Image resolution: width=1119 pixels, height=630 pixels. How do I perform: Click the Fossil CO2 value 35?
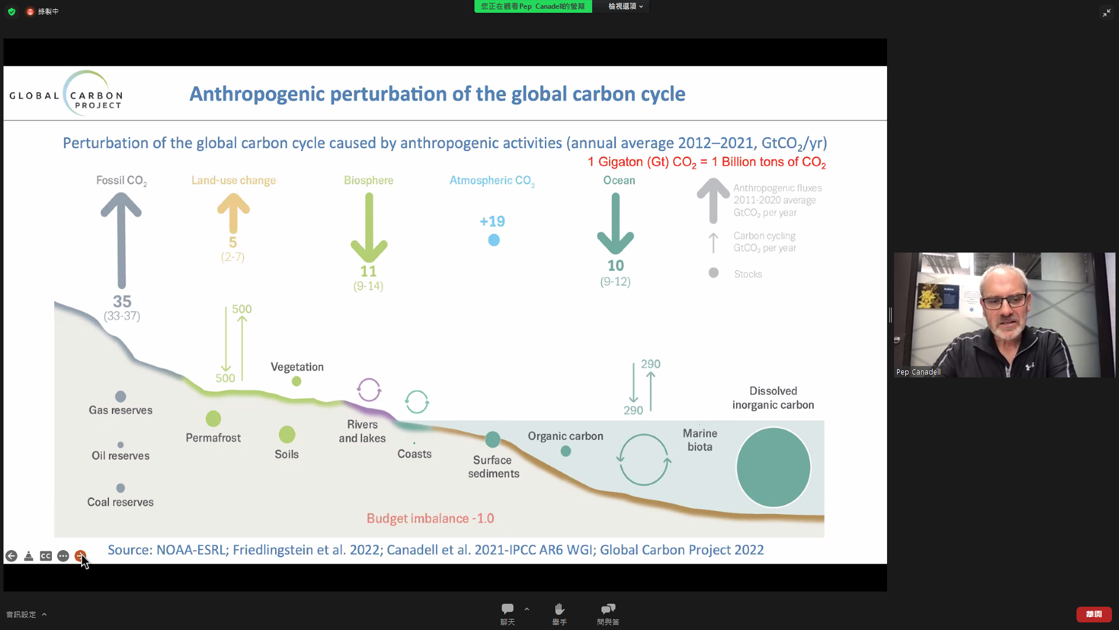122,302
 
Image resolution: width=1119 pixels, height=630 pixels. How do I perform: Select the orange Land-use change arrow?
233,213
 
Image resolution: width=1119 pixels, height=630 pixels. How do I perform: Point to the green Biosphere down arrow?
369,228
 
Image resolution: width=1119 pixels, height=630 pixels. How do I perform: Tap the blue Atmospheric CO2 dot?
494,240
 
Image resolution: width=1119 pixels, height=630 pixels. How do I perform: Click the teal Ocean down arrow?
615,224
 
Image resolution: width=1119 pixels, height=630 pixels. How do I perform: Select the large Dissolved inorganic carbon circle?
773,467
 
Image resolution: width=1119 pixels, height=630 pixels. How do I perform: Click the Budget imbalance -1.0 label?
430,518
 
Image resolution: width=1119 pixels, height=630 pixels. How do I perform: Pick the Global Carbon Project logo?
66,94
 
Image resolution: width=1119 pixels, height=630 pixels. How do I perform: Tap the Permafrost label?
213,437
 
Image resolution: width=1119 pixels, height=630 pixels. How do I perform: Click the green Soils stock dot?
287,434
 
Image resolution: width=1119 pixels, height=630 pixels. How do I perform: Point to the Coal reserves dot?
121,488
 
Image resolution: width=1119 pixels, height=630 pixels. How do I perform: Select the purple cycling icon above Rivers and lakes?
369,390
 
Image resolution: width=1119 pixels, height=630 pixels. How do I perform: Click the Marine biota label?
700,440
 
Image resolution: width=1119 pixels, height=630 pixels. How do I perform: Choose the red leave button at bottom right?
1094,614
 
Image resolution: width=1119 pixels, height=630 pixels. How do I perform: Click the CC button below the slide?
46,556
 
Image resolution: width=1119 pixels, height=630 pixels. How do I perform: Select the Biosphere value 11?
368,271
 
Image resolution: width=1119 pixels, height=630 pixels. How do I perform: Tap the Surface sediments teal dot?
492,439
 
